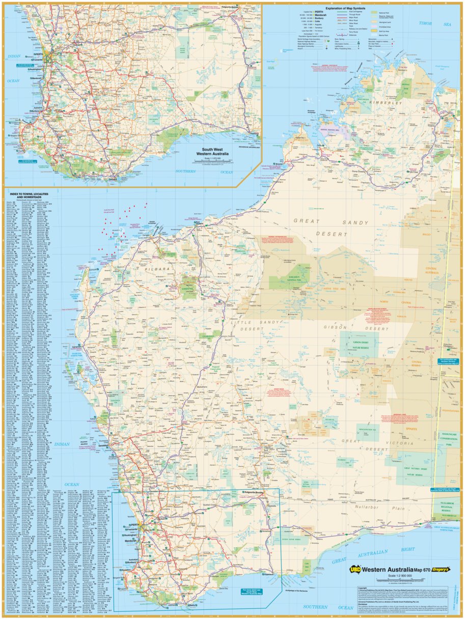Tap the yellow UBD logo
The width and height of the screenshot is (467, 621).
point(356,570)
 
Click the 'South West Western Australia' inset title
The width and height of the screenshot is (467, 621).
point(213,151)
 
